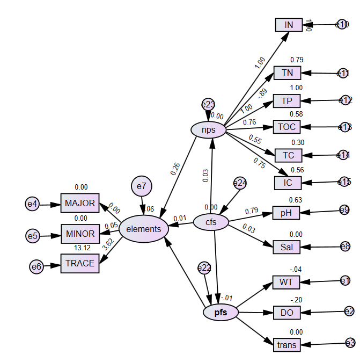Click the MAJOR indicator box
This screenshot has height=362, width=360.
coord(80,204)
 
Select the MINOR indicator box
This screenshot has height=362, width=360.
coord(80,234)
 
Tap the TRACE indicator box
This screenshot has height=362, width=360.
coord(80,263)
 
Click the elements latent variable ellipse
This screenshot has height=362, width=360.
coord(143,229)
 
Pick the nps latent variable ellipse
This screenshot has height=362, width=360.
coord(208,129)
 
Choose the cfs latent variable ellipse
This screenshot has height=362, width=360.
coord(211,222)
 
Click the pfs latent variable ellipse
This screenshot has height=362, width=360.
coord(221,313)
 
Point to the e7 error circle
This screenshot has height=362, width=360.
coord(141,186)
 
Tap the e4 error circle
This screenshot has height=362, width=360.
coord(33,204)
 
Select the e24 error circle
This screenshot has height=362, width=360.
coord(240,183)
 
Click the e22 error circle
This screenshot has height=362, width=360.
coord(204,267)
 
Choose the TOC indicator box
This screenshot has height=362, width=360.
coord(288,127)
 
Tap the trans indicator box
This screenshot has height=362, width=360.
coord(286,344)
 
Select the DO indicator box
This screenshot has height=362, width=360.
coord(286,312)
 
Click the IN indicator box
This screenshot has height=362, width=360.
coord(289,25)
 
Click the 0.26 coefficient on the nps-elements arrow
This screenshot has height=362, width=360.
coord(175,169)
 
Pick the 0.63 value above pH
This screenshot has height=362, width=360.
coord(296,200)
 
